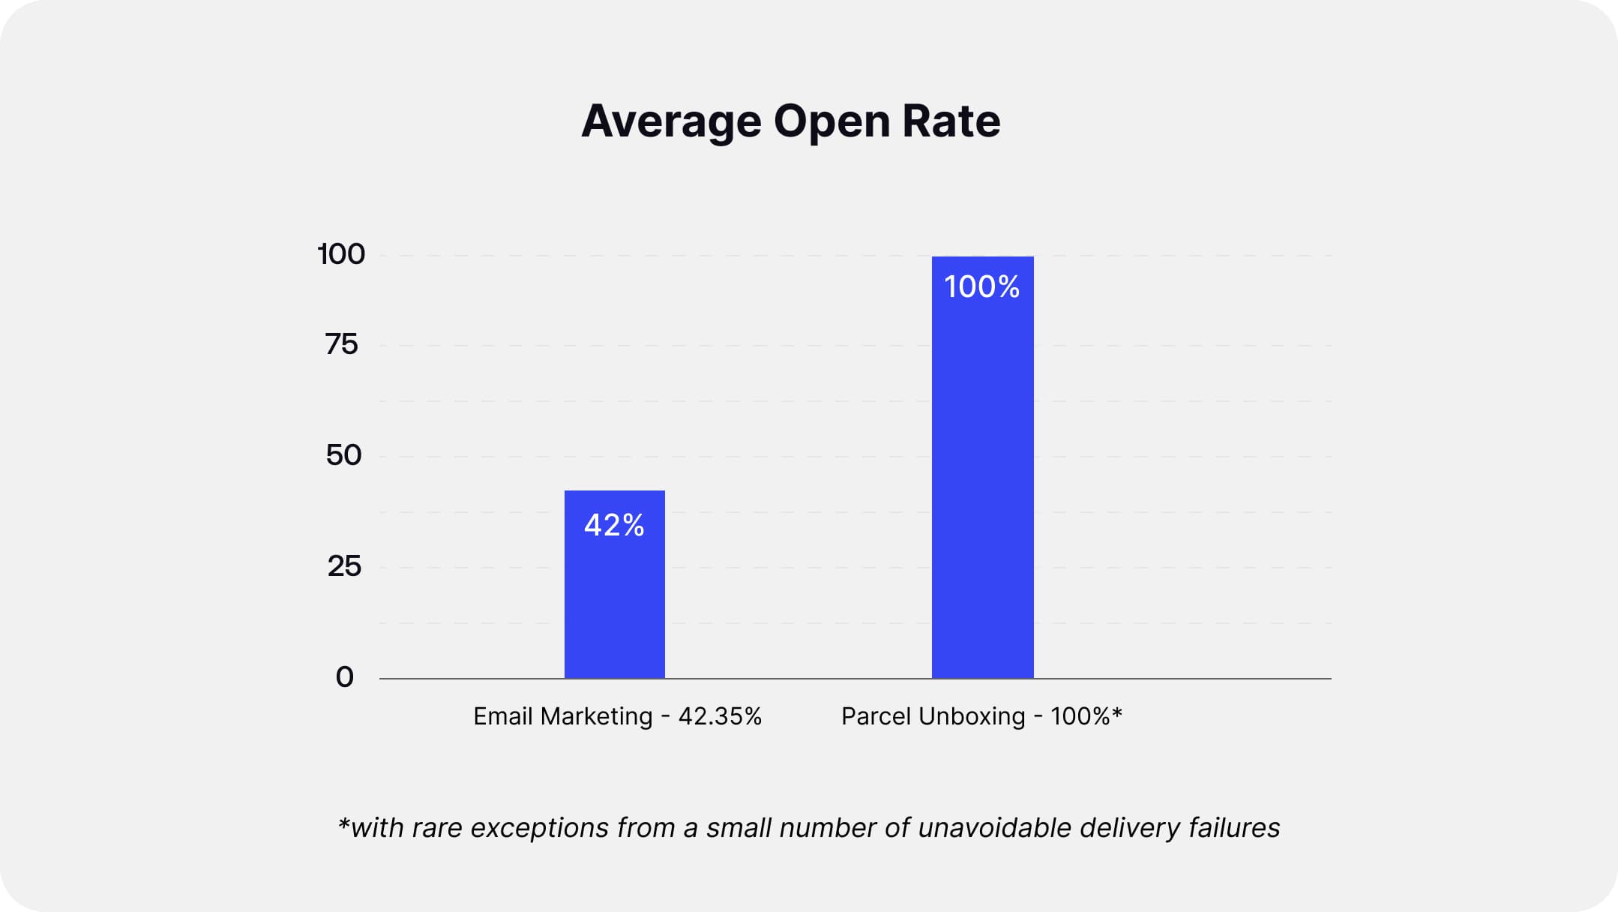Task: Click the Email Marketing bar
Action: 614,600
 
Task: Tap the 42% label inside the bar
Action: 614,525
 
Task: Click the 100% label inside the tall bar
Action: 981,286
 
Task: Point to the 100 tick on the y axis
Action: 341,254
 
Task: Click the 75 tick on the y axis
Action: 341,344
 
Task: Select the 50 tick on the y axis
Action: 343,455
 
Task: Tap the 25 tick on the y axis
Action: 344,566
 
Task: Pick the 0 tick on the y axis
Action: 344,677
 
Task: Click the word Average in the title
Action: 671,121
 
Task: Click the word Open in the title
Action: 831,121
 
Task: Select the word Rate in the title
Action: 951,121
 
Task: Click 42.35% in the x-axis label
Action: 720,716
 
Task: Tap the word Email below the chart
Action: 502,716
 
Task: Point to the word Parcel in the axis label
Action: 875,716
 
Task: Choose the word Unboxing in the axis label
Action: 971,716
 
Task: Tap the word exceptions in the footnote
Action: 539,828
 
